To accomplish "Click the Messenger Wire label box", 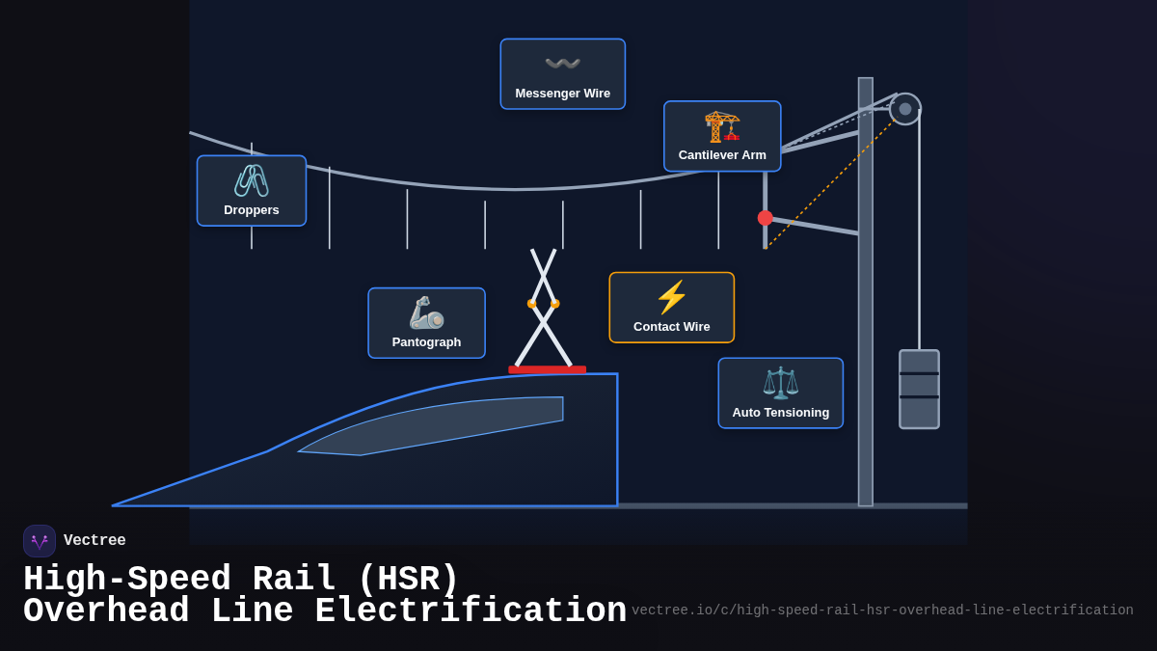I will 562,74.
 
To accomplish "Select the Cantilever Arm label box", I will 722,136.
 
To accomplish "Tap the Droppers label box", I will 252,191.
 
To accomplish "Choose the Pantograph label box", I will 426,323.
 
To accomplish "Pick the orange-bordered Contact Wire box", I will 671,308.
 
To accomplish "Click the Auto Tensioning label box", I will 780,393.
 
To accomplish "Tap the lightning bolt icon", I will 671,297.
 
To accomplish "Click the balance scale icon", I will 780,383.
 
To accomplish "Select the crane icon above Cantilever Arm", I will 722,125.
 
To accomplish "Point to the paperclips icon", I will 252,180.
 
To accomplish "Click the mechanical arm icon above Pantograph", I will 426,312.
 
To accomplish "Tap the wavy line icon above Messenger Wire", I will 562,64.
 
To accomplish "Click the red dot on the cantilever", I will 766,218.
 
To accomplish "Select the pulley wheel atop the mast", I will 904,109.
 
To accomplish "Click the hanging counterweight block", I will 919,390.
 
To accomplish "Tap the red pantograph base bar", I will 547,369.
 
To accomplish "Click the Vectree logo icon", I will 40,541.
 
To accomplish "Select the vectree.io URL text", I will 882,610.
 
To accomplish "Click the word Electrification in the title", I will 471,611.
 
